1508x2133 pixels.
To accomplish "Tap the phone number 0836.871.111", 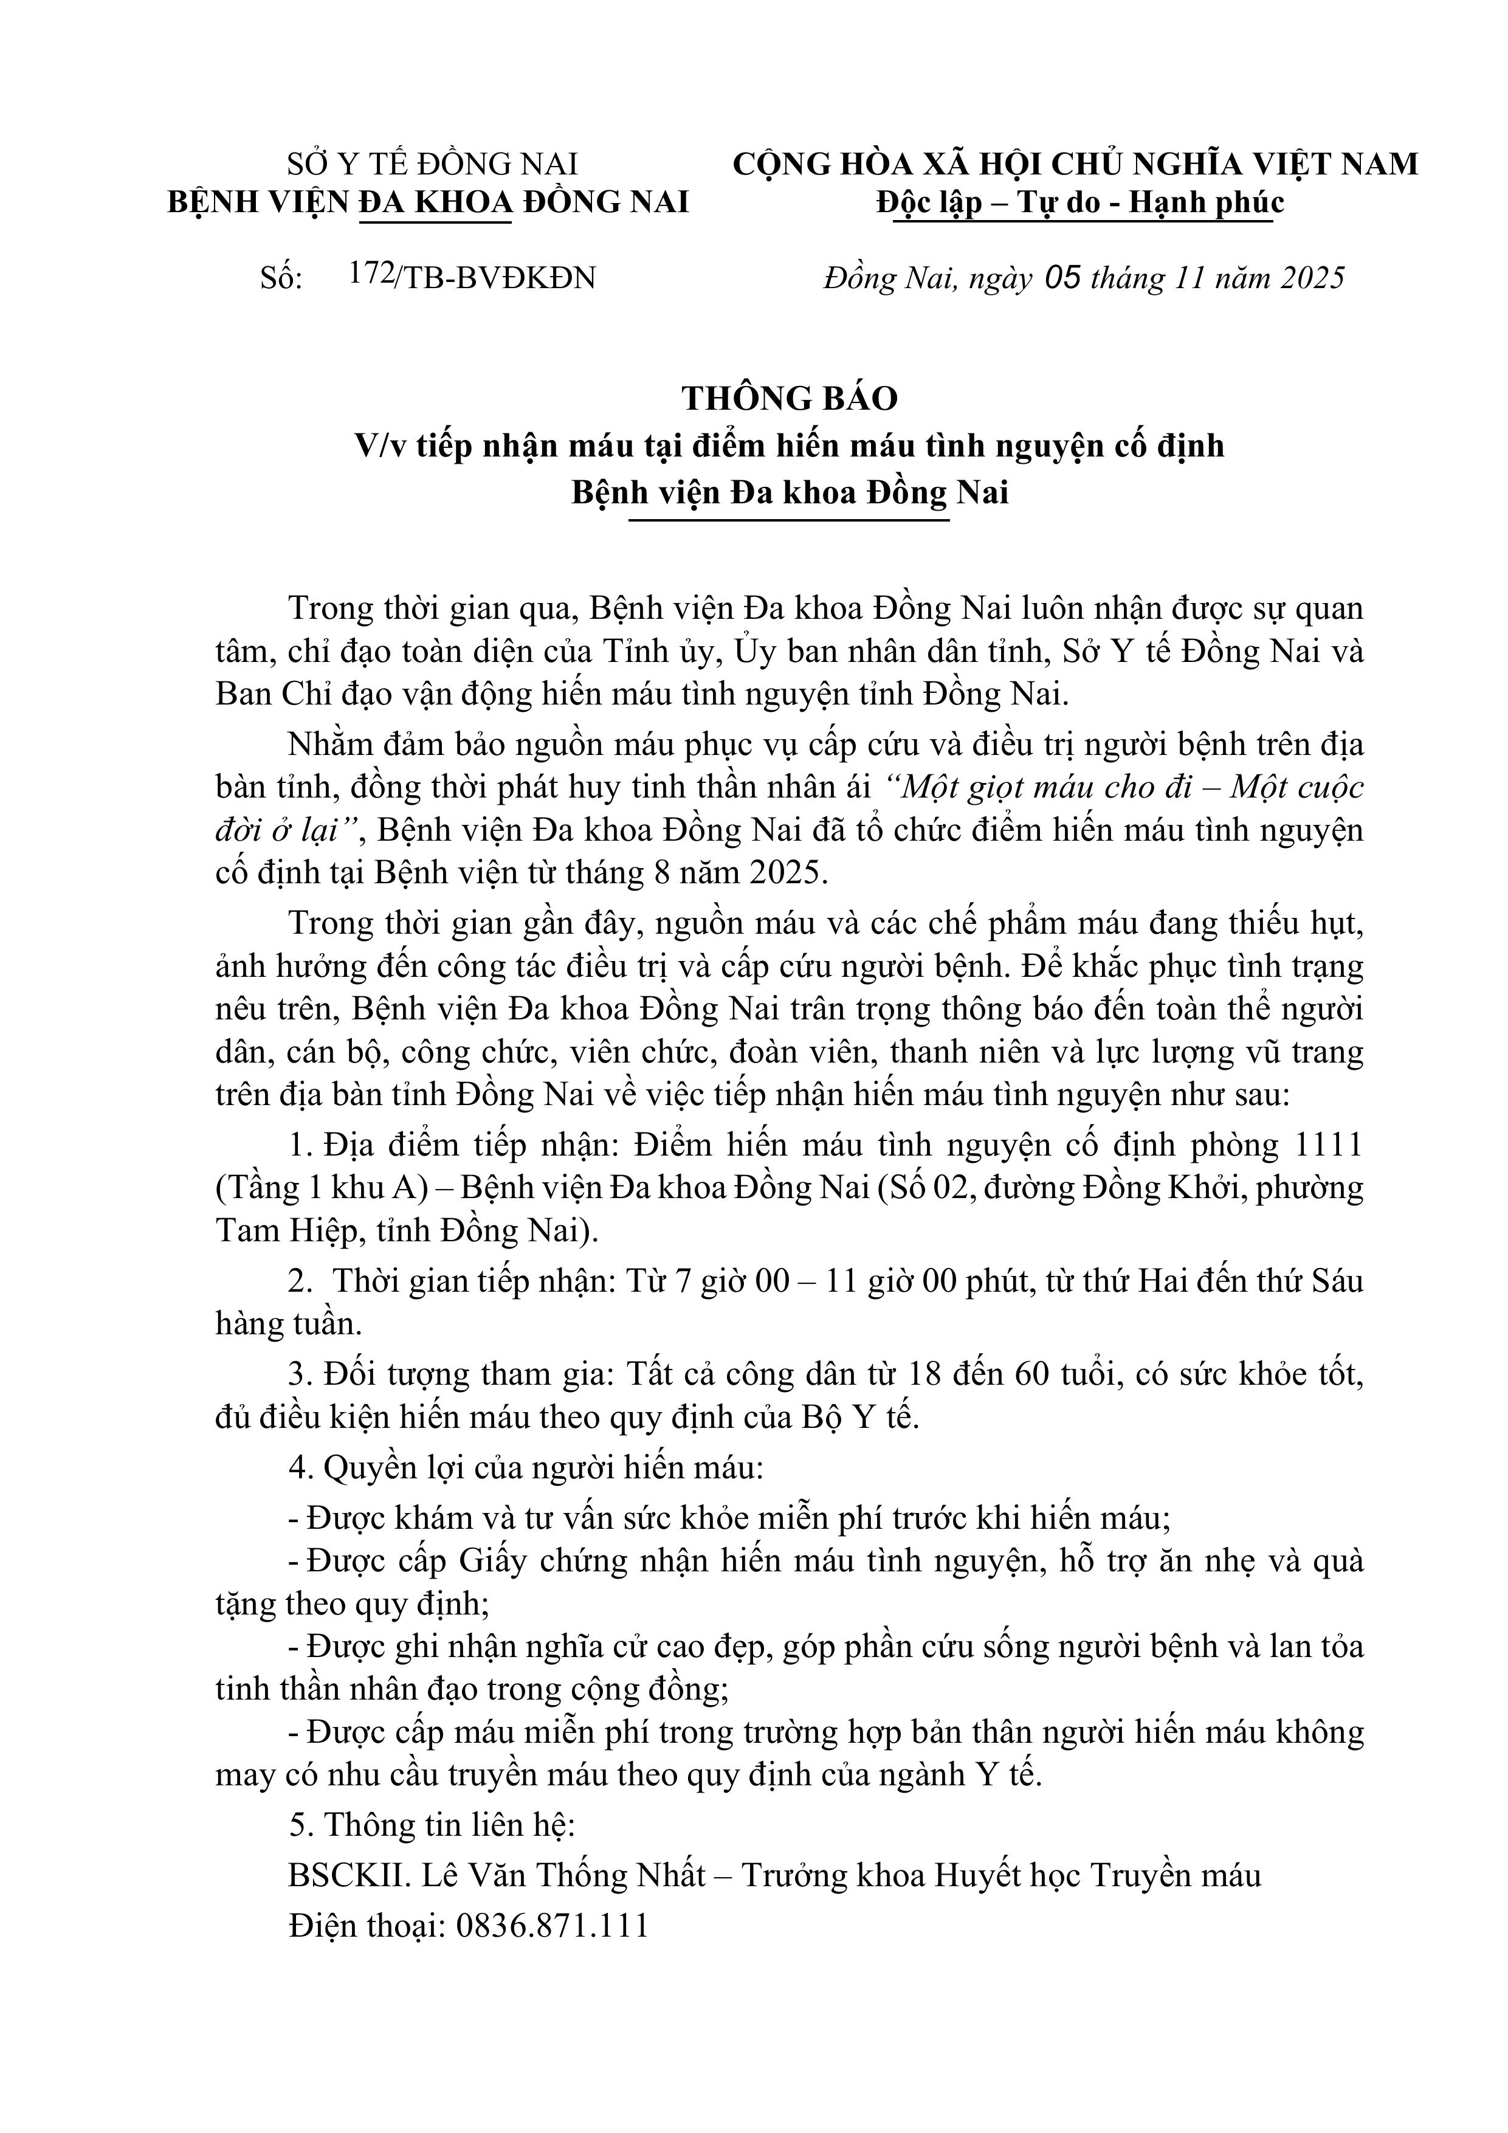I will pos(552,1925).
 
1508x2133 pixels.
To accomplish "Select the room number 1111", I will pos(1329,1145).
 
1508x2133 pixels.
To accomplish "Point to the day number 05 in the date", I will pos(1063,278).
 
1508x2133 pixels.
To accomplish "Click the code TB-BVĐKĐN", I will pos(500,278).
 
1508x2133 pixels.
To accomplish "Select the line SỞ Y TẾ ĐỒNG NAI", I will pos(432,165).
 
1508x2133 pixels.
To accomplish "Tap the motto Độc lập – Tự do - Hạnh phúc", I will pos(1079,202).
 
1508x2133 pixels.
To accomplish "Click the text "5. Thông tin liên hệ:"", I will pos(432,1825).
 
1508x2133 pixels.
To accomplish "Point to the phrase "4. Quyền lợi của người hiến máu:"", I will pos(526,1468).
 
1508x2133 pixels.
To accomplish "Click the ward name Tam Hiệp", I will pos(286,1231).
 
